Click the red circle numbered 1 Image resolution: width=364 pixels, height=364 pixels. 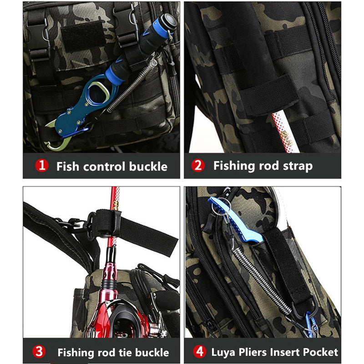[x=42, y=166]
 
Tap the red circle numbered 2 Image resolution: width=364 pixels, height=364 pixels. [x=197, y=166]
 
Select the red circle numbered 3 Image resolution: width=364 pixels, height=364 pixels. [x=40, y=351]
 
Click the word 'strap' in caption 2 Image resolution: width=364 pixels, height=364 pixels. [x=295, y=166]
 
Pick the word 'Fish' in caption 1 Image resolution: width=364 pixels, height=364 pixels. [x=67, y=166]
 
